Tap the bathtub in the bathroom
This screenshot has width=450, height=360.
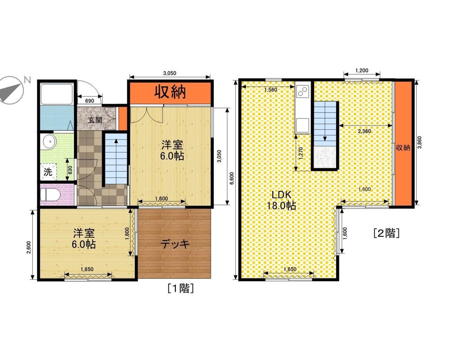pyautogui.click(x=57, y=94)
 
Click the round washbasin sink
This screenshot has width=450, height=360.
pyautogui.click(x=49, y=142)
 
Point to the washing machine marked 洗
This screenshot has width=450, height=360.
pyautogui.click(x=48, y=172)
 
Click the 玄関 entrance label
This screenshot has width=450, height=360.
pyautogui.click(x=95, y=120)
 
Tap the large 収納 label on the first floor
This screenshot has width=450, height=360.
pyautogui.click(x=171, y=92)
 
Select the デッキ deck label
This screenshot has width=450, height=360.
pyautogui.click(x=175, y=244)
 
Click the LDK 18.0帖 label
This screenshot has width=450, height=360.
pyautogui.click(x=282, y=200)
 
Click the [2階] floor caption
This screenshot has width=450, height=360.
pyautogui.click(x=387, y=233)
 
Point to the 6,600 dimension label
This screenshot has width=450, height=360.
pyautogui.click(x=232, y=180)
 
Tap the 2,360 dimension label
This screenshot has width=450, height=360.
pyautogui.click(x=365, y=131)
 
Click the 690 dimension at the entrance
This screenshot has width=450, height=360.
pyautogui.click(x=90, y=101)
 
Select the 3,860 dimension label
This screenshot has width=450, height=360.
pyautogui.click(x=420, y=142)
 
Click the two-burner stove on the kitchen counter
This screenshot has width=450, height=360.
pyautogui.click(x=302, y=91)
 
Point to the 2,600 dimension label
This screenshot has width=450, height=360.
pyautogui.click(x=29, y=247)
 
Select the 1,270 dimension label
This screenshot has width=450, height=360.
pyautogui.click(x=301, y=153)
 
